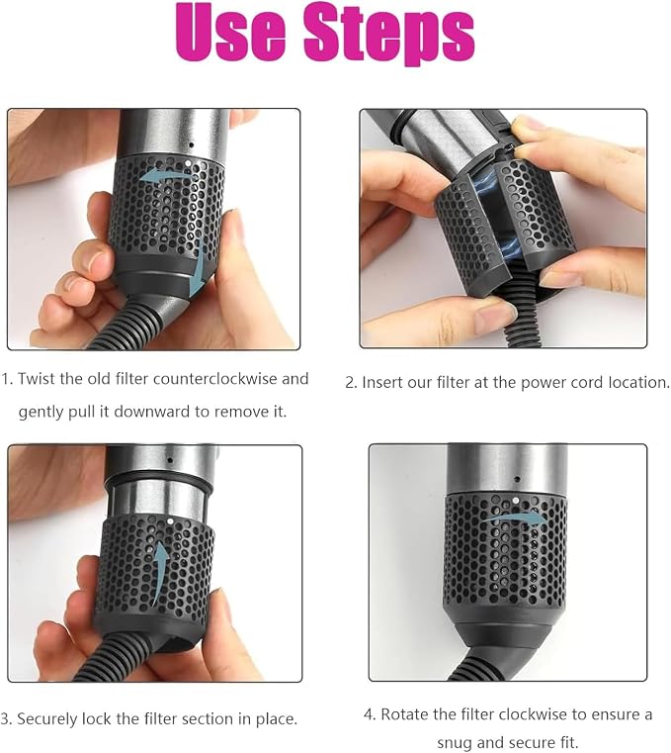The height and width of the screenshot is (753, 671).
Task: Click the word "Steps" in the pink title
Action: pyautogui.click(x=389, y=34)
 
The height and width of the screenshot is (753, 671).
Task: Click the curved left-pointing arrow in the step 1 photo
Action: pyautogui.click(x=165, y=175)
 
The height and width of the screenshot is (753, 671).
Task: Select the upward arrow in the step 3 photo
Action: pyautogui.click(x=159, y=573)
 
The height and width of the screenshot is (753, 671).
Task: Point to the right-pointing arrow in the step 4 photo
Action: pyautogui.click(x=514, y=518)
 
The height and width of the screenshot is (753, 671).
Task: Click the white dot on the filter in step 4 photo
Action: pyautogui.click(x=515, y=501)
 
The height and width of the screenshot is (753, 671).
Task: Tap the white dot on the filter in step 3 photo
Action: pyautogui.click(x=170, y=520)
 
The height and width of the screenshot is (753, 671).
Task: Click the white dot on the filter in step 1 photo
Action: pyautogui.click(x=187, y=163)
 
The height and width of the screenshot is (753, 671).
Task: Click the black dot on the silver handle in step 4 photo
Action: pyautogui.click(x=517, y=479)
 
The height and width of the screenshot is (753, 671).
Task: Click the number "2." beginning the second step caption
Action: pyautogui.click(x=352, y=383)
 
